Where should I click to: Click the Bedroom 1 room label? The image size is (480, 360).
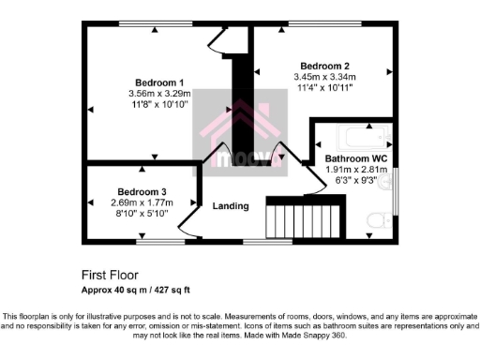pyautogui.click(x=160, y=82)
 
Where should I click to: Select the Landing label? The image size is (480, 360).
pyautogui.click(x=231, y=206)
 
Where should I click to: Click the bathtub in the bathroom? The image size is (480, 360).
pyautogui.click(x=352, y=136)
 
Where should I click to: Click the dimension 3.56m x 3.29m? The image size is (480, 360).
pyautogui.click(x=160, y=94)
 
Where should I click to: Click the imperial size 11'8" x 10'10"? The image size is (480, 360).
pyautogui.click(x=160, y=105)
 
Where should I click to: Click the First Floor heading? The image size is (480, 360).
pyautogui.click(x=112, y=276)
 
